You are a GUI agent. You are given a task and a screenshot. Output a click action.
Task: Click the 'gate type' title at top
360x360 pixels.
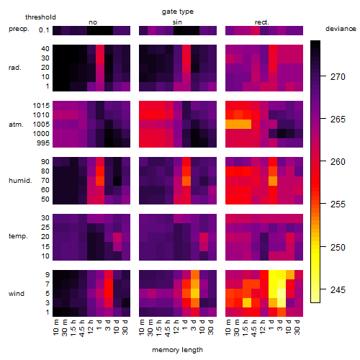click(178, 12)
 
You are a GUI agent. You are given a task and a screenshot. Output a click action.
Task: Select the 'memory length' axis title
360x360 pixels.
click(177, 350)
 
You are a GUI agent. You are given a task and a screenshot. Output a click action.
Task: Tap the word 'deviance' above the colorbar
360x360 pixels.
click(341, 29)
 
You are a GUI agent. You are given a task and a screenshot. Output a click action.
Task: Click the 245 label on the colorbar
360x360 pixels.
click(338, 290)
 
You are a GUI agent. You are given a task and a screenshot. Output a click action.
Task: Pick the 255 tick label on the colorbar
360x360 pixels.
click(338, 204)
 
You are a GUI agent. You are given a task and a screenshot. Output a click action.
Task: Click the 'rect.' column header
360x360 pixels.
click(262, 22)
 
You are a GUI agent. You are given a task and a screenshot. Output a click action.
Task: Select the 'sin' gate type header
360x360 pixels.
click(177, 22)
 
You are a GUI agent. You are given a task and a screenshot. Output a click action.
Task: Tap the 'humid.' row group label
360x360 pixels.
click(20, 181)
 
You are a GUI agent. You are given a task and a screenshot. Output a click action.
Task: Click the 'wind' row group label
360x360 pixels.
click(17, 294)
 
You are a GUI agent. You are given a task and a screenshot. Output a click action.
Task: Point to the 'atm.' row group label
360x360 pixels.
click(16, 125)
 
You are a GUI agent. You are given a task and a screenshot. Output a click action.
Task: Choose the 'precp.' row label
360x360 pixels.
click(19, 29)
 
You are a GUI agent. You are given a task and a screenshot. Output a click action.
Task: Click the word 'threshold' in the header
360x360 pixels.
click(40, 17)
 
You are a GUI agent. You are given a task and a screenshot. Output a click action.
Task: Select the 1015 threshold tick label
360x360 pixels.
click(41, 106)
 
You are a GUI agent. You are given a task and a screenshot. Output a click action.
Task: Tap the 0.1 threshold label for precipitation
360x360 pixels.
click(44, 30)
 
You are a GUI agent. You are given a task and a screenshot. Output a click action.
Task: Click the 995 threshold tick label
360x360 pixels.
click(43, 143)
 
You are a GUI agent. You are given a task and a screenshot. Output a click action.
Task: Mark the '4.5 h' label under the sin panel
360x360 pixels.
click(168, 328)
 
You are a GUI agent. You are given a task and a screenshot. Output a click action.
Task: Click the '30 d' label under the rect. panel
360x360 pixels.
click(297, 327)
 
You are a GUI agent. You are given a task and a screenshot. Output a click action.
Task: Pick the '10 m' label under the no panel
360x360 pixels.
click(55, 328)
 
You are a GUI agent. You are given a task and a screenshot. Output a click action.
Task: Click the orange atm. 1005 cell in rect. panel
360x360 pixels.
click(238, 124)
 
